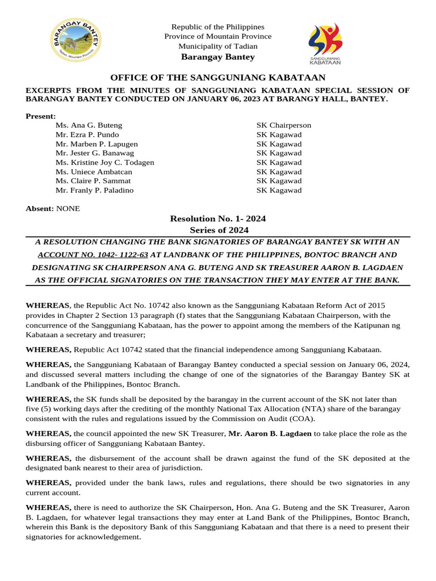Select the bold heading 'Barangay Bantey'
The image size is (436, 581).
pyautogui.click(x=217, y=57)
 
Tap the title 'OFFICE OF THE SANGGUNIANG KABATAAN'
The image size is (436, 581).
pyautogui.click(x=217, y=78)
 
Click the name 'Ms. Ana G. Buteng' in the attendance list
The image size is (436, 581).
pyautogui.click(x=89, y=125)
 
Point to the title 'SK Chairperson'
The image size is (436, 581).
pyautogui.click(x=283, y=125)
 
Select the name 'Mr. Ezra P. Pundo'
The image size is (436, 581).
pyautogui.click(x=87, y=134)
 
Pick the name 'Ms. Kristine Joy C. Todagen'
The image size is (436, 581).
pyautogui.click(x=104, y=162)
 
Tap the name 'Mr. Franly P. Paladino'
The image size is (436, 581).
pyautogui.click(x=94, y=190)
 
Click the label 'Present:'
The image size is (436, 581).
pyautogui.click(x=41, y=116)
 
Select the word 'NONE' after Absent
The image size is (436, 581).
pyautogui.click(x=68, y=208)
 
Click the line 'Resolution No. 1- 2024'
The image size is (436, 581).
pyautogui.click(x=217, y=218)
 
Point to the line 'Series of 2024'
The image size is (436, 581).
pyautogui.click(x=219, y=230)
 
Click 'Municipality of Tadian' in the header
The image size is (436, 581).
pyautogui.click(x=217, y=46)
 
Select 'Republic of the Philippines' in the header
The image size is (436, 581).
pyautogui.click(x=217, y=27)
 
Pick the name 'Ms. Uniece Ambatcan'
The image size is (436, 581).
pyautogui.click(x=94, y=172)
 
